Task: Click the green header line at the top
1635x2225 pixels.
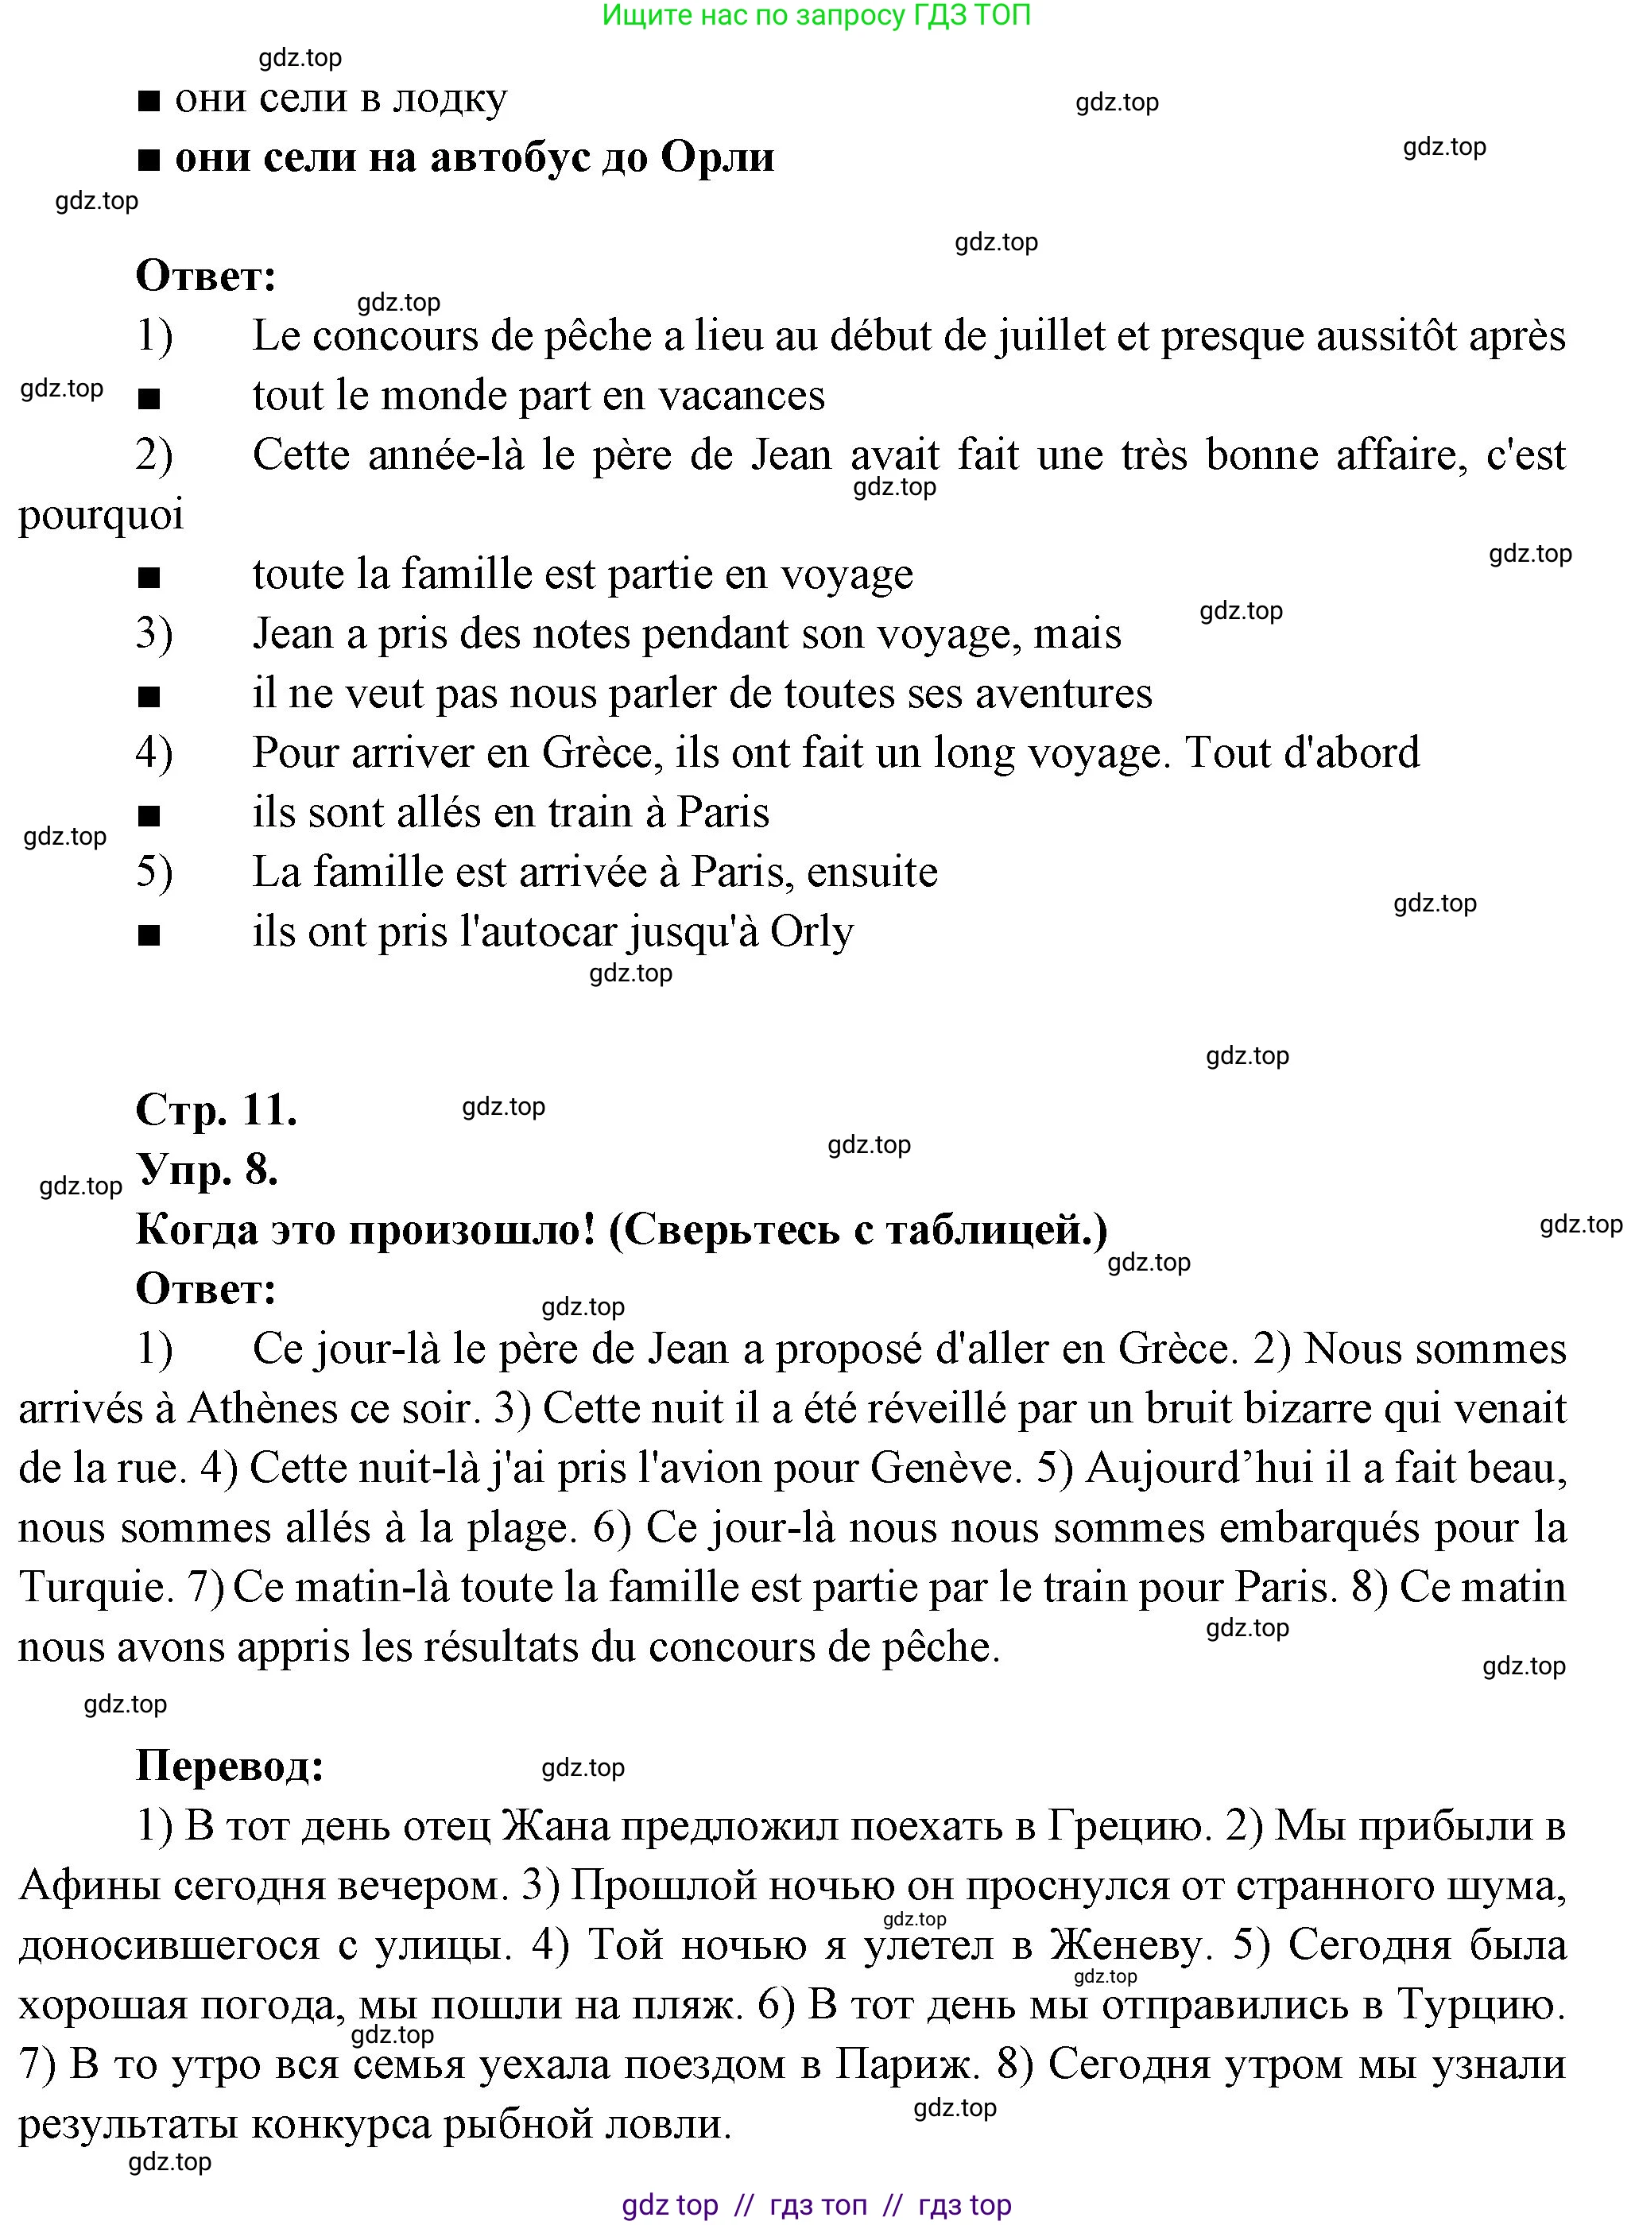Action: click(816, 16)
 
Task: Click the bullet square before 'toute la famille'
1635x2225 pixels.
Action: click(149, 578)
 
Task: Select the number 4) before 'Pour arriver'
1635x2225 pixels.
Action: click(154, 753)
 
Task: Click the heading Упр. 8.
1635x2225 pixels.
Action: click(207, 1170)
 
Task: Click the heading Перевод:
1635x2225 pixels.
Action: click(230, 1766)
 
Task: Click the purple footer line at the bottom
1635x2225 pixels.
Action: click(816, 2204)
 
